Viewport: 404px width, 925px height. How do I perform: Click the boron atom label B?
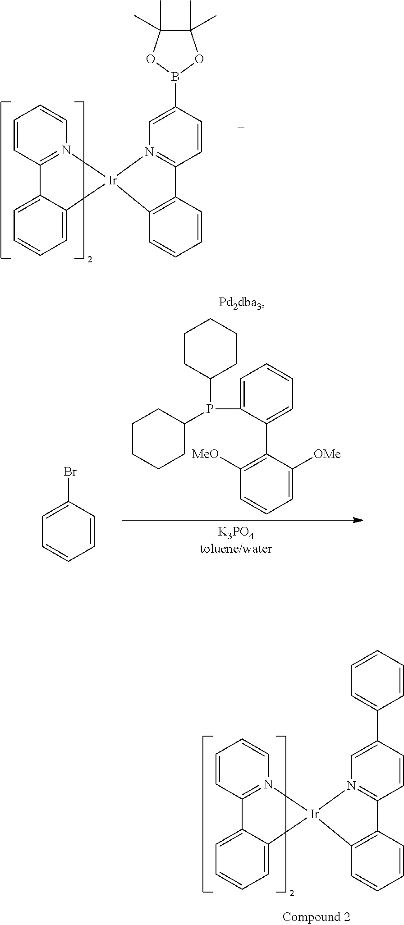(x=175, y=78)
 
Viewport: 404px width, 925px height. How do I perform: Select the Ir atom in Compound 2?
(x=314, y=814)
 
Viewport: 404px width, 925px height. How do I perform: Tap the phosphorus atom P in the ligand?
(x=209, y=409)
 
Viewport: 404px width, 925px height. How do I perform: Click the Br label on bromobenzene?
(x=70, y=472)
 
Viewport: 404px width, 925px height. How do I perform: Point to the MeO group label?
(x=205, y=454)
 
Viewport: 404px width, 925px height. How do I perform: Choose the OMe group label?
(x=327, y=454)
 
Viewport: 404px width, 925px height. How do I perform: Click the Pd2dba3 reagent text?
(x=242, y=303)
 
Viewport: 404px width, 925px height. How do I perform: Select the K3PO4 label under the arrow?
(x=236, y=533)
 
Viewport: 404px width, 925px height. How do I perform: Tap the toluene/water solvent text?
(x=236, y=549)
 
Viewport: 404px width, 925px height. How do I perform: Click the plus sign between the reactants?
(x=241, y=128)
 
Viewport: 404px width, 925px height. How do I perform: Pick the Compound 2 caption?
(x=316, y=916)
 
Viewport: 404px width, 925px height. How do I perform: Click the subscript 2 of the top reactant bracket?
(x=90, y=261)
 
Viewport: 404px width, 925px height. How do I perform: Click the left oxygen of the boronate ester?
(x=150, y=59)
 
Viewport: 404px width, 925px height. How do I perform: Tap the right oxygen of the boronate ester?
(x=200, y=59)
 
